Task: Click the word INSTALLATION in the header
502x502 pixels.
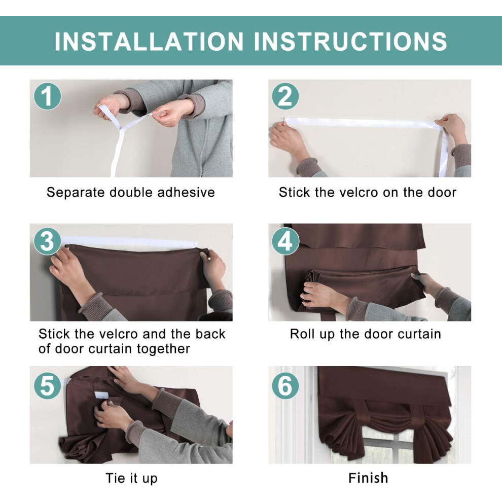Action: click(x=149, y=41)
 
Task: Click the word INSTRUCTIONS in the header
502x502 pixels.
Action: click(x=350, y=41)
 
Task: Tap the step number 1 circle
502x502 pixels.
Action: click(x=47, y=96)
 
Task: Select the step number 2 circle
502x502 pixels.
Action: click(x=285, y=96)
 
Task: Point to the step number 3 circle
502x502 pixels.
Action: click(x=47, y=241)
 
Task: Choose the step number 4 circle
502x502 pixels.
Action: click(x=285, y=241)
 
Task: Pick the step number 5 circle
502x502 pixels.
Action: click(x=47, y=385)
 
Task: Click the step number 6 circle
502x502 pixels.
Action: click(x=285, y=385)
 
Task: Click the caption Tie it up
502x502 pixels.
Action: click(x=131, y=479)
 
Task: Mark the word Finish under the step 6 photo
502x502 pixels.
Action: click(x=368, y=478)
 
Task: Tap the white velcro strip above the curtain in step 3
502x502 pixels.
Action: click(x=128, y=242)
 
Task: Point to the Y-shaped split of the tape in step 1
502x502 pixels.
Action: click(x=121, y=129)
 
